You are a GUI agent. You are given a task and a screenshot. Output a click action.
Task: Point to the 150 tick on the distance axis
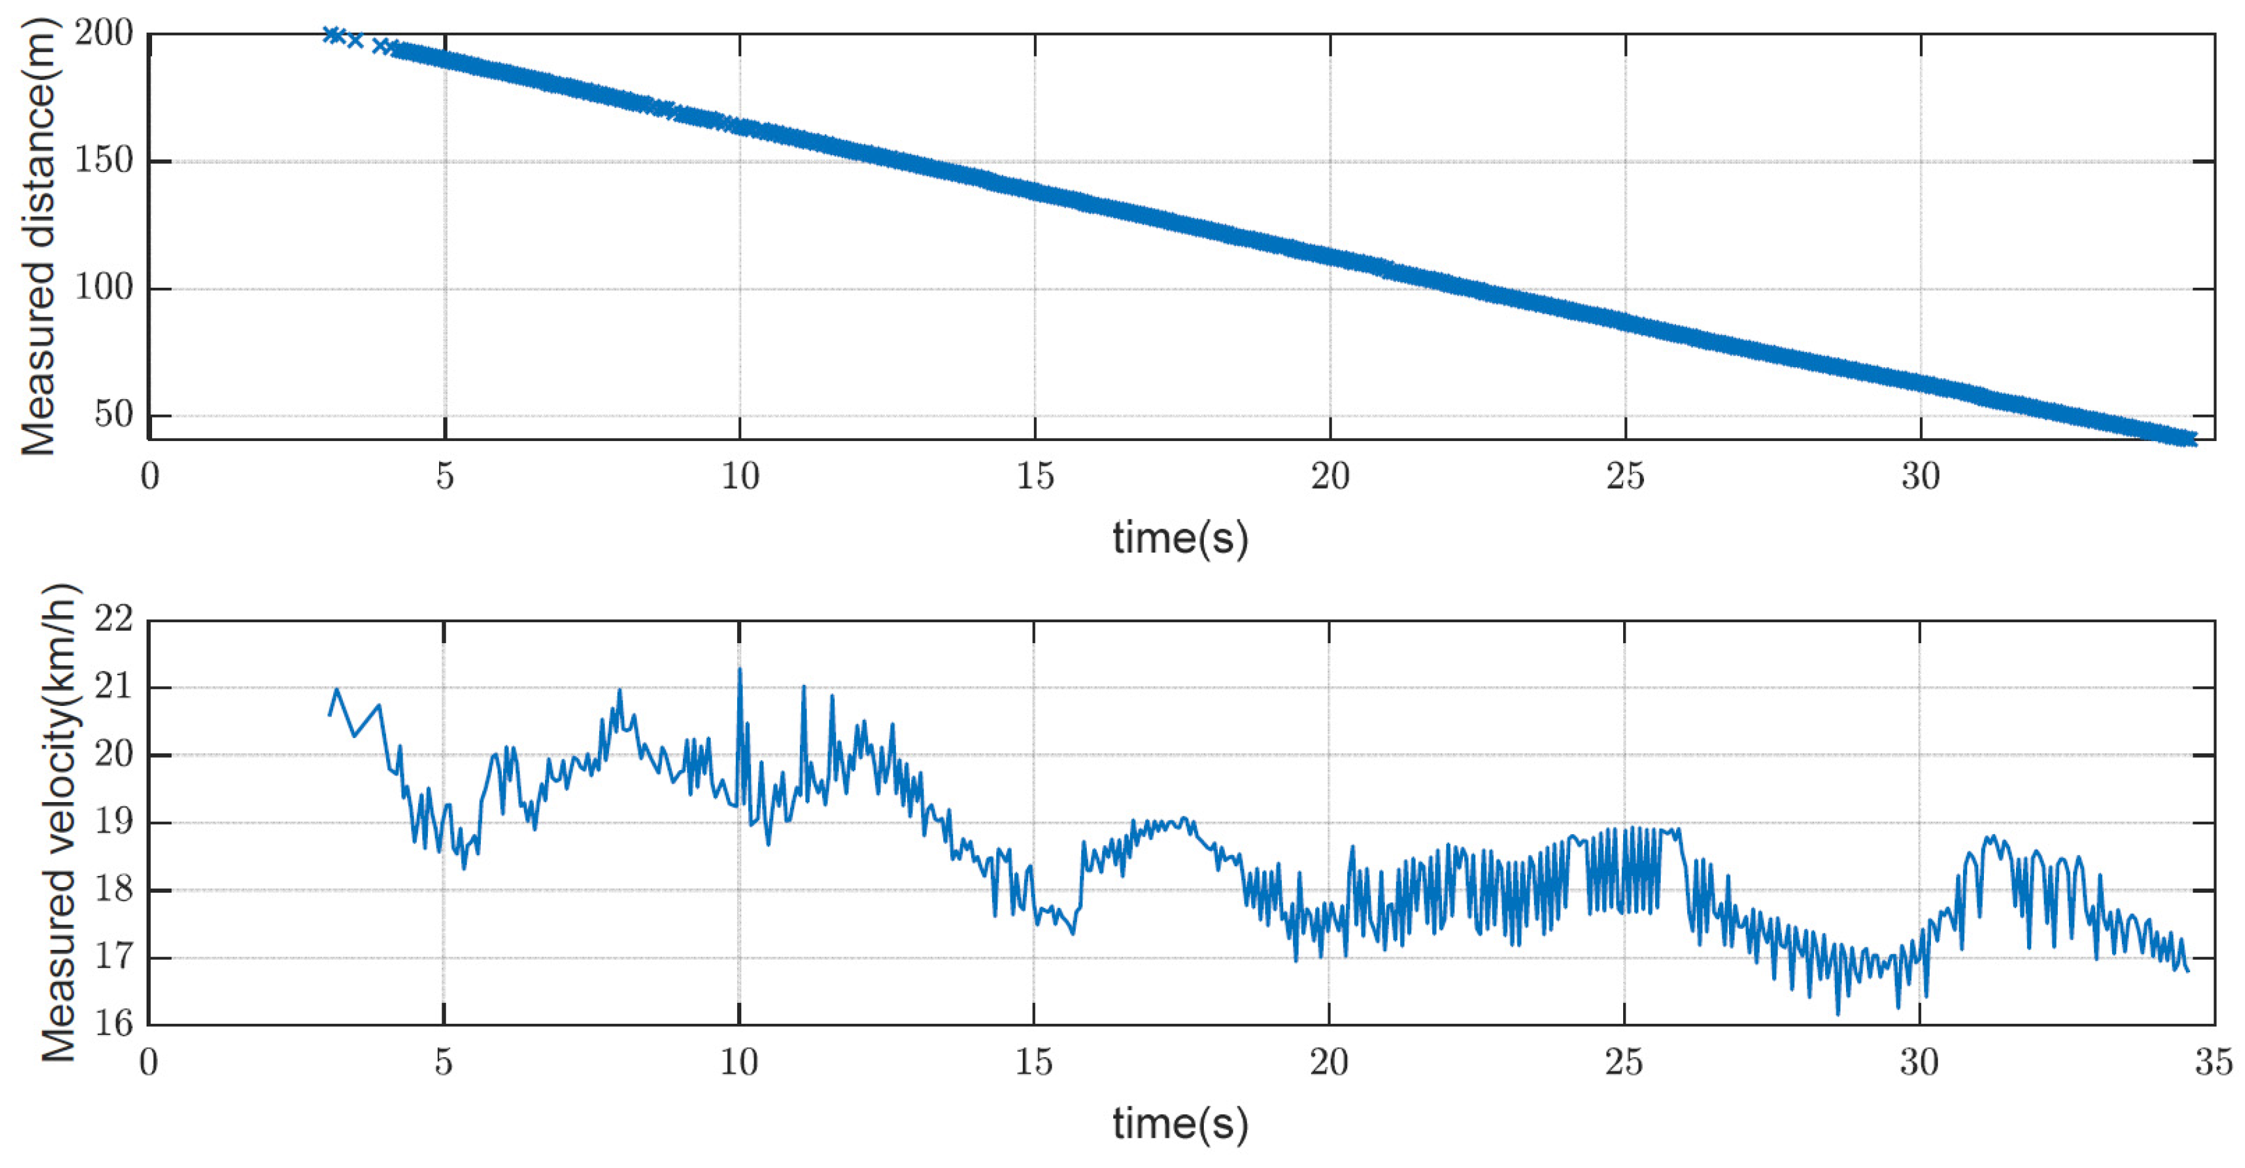pos(103,161)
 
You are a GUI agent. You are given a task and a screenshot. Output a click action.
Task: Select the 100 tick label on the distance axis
pos(103,288)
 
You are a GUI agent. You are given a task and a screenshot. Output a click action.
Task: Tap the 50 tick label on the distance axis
pos(114,415)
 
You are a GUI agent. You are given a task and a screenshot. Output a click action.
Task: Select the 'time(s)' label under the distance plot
pos(1180,537)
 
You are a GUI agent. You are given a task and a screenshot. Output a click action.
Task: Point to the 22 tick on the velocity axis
pos(114,620)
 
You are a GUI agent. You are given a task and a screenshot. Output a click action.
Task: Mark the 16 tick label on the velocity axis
pos(114,1024)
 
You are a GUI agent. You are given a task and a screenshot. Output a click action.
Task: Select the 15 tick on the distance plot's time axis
pos(1034,476)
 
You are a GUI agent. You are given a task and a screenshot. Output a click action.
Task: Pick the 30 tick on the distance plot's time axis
pos(1920,476)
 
